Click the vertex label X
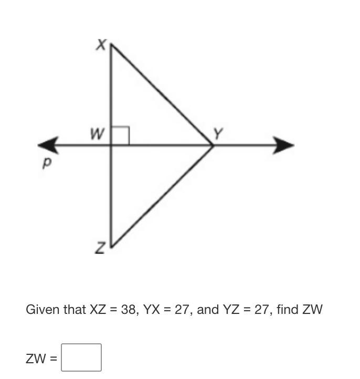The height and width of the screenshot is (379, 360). point(101,45)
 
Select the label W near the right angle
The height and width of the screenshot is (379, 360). point(96,134)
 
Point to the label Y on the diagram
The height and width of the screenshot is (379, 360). point(219,134)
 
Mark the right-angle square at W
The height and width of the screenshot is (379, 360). point(120,136)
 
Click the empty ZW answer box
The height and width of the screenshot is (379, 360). point(81,357)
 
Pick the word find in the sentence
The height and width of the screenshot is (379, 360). point(288,309)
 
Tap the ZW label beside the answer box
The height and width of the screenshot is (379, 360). point(36,359)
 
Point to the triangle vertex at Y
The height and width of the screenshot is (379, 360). point(213,145)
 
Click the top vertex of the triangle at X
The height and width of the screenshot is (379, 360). point(111,45)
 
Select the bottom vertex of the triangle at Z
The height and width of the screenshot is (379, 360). point(111,245)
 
